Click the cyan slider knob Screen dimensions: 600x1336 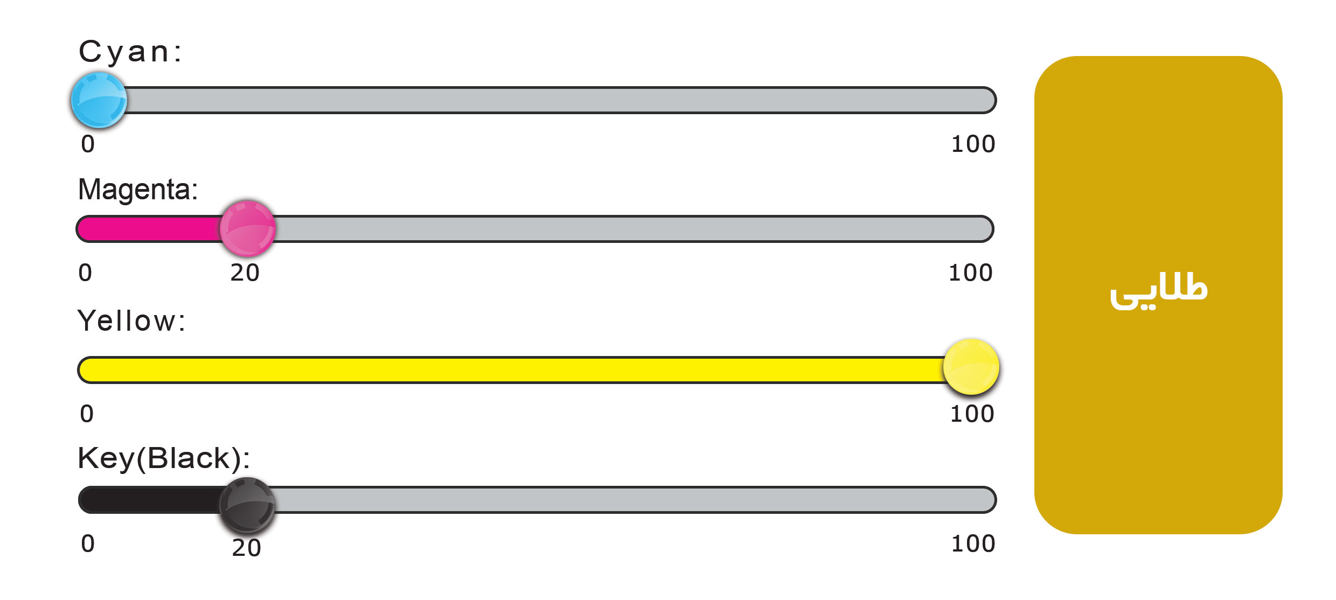click(x=99, y=100)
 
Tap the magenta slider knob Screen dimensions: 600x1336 click(x=248, y=229)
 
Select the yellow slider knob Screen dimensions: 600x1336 click(x=971, y=367)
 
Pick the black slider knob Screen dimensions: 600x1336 click(x=247, y=505)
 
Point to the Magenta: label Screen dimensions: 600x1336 click(x=138, y=190)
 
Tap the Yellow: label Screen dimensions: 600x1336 click(x=131, y=321)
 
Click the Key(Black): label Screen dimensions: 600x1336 click(x=164, y=459)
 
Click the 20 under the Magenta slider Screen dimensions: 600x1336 click(x=245, y=273)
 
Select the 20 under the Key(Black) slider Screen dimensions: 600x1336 click(x=247, y=548)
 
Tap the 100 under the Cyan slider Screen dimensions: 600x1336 click(x=973, y=144)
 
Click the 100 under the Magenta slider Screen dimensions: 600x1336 click(x=970, y=273)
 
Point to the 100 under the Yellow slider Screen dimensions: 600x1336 click(x=972, y=414)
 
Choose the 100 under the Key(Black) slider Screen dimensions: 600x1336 click(x=973, y=544)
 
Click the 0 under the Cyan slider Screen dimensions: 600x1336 click(x=88, y=144)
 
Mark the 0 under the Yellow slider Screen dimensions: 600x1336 click(x=87, y=414)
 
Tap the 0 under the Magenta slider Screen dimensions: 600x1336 click(x=85, y=273)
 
